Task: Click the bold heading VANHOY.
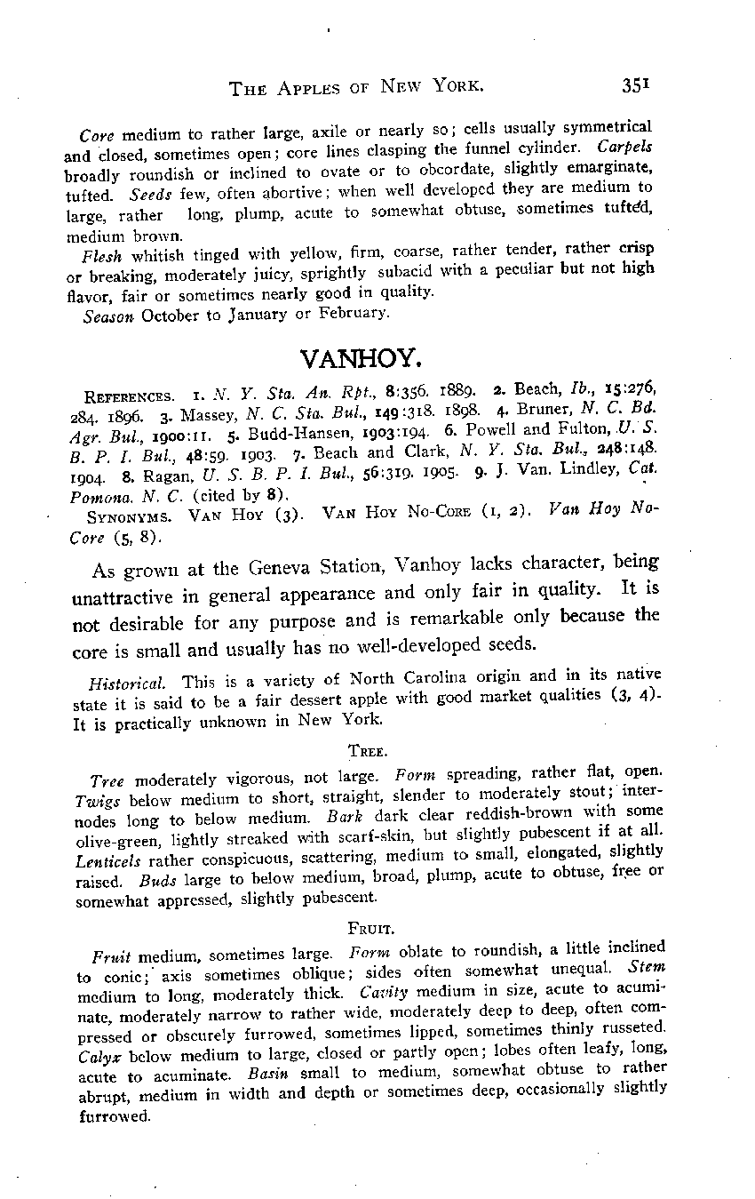click(359, 358)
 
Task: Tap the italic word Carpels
click(625, 145)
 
